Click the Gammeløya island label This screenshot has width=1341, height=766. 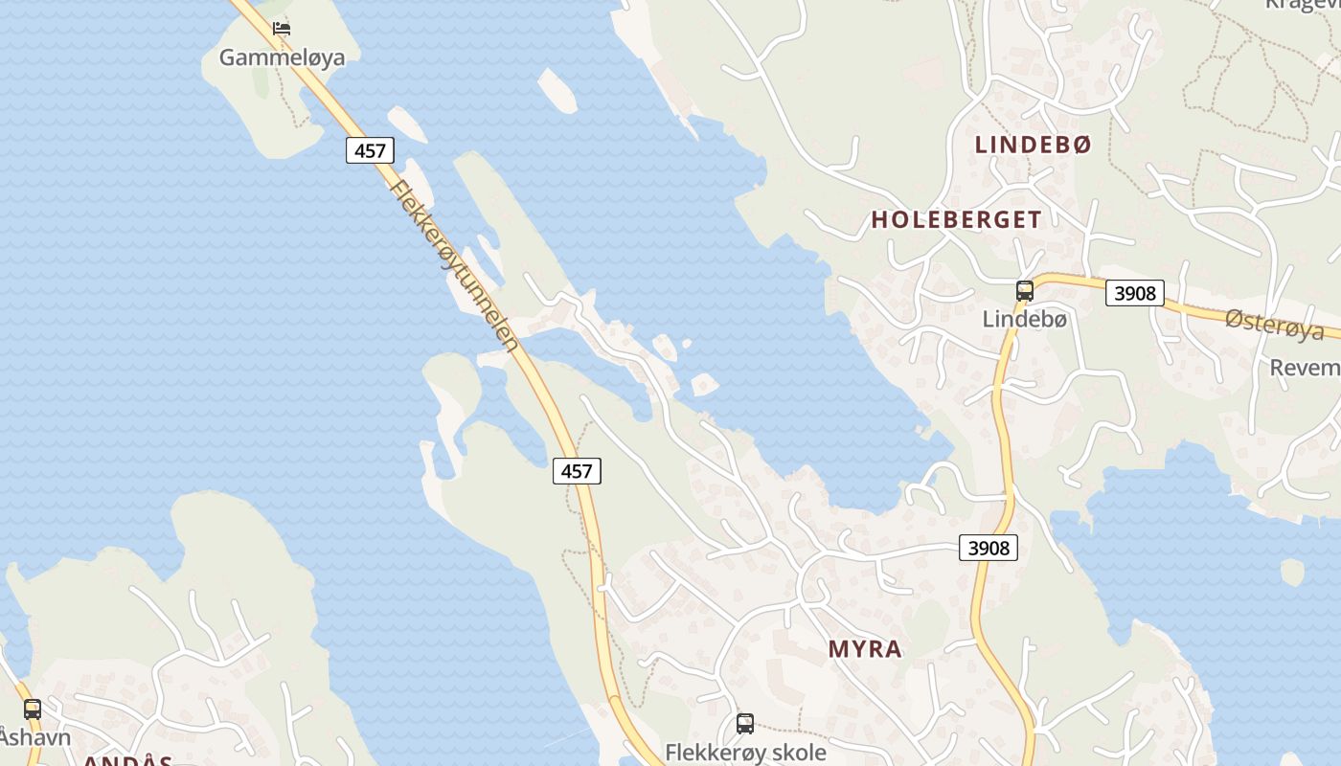282,57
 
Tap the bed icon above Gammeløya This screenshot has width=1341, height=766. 281,29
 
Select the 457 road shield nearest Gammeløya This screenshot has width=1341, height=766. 370,150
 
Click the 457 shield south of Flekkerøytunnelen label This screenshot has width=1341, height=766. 577,470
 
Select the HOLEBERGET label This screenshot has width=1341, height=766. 956,219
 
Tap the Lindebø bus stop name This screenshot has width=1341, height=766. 1024,320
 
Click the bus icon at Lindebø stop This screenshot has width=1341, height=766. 1024,291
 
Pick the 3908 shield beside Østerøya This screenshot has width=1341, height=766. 1135,293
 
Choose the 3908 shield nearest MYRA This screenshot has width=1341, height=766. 989,548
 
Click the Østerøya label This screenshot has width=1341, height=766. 1274,325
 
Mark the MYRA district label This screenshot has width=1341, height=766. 865,649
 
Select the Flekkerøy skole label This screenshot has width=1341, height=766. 745,752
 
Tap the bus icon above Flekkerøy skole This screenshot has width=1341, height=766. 745,724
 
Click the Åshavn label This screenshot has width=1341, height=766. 35,737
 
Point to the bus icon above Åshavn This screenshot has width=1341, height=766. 33,710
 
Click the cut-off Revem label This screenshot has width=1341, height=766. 1305,368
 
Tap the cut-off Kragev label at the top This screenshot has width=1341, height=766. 1302,4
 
